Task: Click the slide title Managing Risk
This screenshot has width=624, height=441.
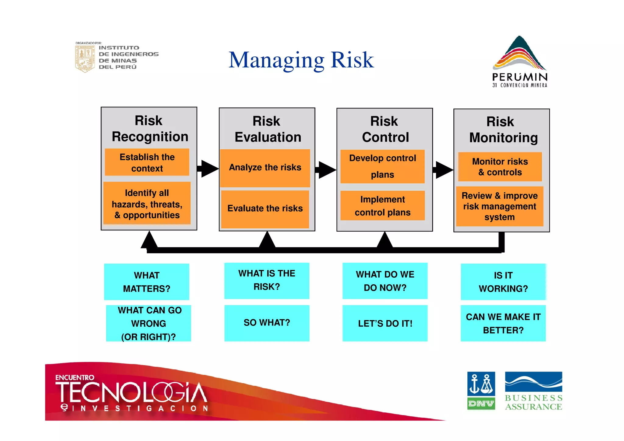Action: tap(301, 60)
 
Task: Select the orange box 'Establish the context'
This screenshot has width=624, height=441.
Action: tap(147, 162)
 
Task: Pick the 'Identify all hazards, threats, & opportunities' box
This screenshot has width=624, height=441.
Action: tap(147, 204)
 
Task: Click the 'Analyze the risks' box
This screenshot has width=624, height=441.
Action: tap(265, 168)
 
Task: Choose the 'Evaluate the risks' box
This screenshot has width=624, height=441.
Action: tap(265, 209)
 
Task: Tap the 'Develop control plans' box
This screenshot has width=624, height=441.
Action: tap(382, 166)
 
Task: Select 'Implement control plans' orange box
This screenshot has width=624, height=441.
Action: tap(382, 206)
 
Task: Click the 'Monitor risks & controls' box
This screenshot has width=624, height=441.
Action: tap(500, 167)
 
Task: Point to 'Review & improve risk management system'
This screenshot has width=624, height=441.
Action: tap(500, 206)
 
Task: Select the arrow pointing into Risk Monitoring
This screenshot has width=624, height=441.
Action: tap(443, 170)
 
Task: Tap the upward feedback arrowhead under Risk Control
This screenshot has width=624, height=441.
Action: tap(385, 240)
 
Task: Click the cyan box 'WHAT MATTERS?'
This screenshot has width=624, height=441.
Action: tap(147, 282)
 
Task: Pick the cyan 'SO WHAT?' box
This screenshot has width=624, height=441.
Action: tap(267, 323)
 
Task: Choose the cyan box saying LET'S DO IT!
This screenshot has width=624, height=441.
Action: tap(385, 323)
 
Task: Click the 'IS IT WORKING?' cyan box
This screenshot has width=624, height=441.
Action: tap(503, 282)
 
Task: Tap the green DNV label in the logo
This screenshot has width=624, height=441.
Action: tap(481, 404)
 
